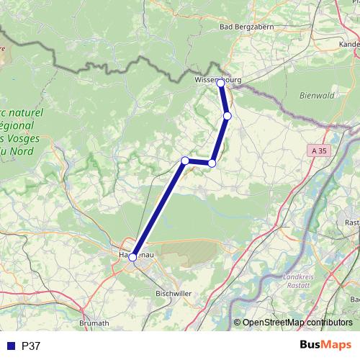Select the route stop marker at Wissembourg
pos(221,84)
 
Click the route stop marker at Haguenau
pos(132,256)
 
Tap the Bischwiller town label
pos(173,294)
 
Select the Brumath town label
pos(91,324)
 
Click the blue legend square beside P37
pos(12,346)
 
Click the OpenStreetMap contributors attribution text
pos(297,323)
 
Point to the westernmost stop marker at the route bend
pos(185,161)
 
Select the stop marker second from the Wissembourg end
pos(228,116)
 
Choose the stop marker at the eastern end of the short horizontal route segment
pos(212,163)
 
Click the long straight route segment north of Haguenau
pos(158,209)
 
